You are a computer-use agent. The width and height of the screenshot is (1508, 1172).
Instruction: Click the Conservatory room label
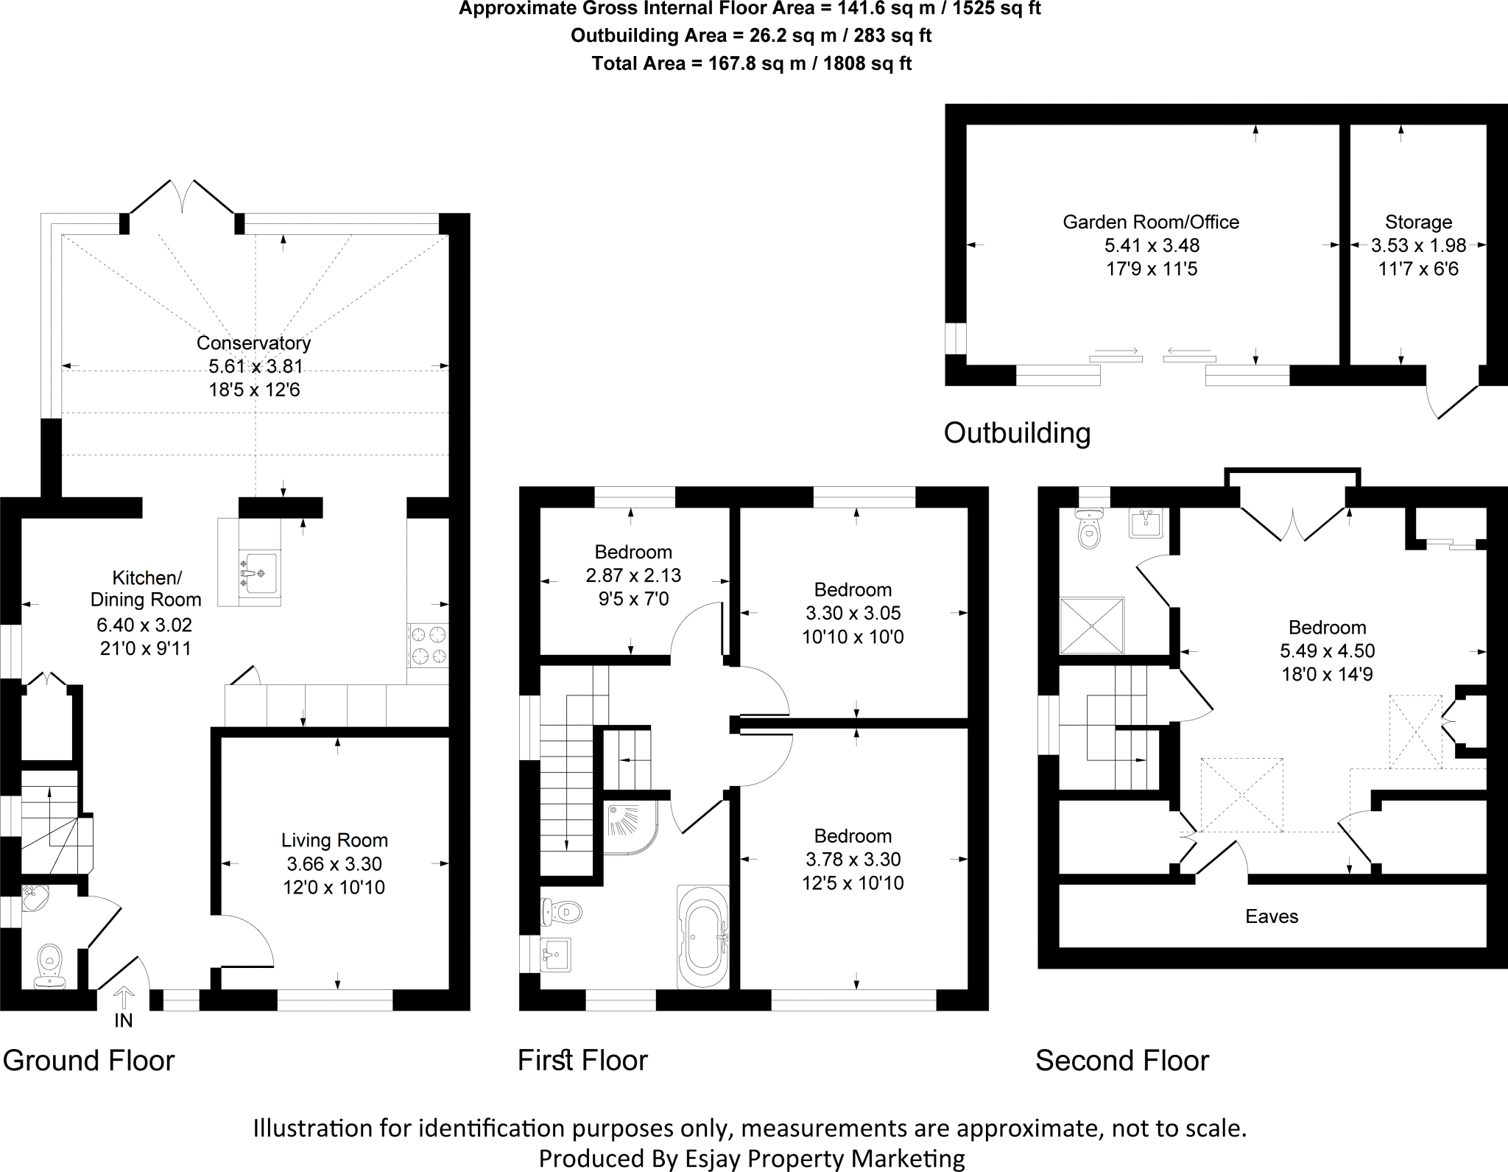pyautogui.click(x=253, y=343)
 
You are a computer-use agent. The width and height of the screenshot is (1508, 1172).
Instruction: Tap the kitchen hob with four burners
pyautogui.click(x=428, y=645)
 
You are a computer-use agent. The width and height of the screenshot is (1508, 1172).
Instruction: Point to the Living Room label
pyautogui.click(x=334, y=841)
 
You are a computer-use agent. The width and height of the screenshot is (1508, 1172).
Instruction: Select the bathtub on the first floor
pyautogui.click(x=702, y=937)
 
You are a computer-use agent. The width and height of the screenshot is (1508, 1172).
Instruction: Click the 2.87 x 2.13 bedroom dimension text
pyautogui.click(x=633, y=575)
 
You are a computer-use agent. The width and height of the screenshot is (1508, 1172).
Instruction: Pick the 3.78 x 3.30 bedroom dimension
pyautogui.click(x=853, y=859)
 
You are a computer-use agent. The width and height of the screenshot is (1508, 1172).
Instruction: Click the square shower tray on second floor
pyautogui.click(x=1092, y=625)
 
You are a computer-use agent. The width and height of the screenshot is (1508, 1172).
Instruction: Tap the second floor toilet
pyautogui.click(x=1088, y=528)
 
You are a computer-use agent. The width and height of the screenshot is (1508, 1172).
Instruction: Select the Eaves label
pyautogui.click(x=1272, y=916)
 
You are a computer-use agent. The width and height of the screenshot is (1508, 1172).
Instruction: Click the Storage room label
pyautogui.click(x=1418, y=222)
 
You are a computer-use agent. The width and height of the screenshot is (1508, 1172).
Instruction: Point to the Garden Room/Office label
pyautogui.click(x=1151, y=222)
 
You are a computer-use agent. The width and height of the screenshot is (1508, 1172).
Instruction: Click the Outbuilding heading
pyautogui.click(x=1017, y=433)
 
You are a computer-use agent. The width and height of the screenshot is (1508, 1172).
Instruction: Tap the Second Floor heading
pyautogui.click(x=1121, y=1061)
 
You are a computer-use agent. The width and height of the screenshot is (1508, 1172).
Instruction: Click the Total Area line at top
pyautogui.click(x=752, y=64)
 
